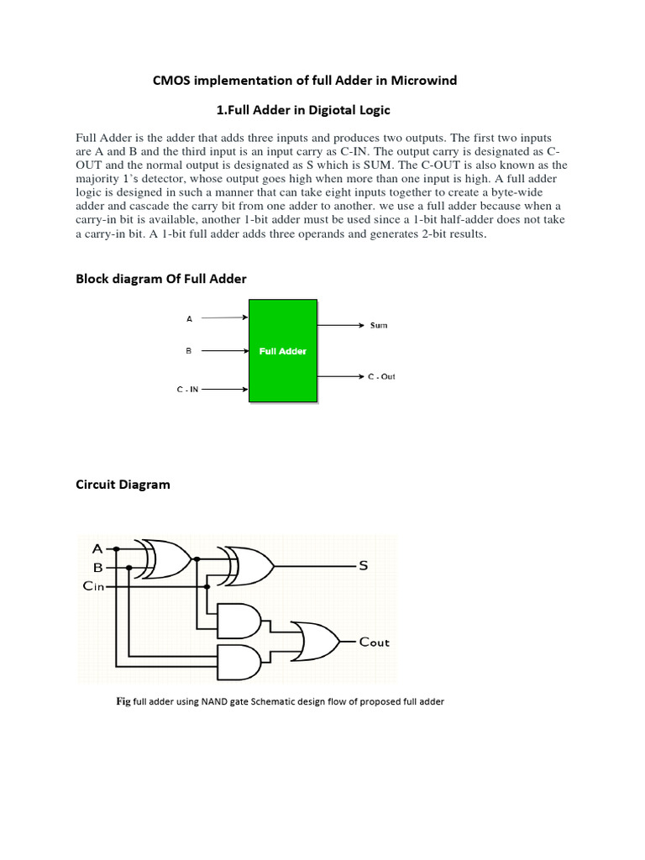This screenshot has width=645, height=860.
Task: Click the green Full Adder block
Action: (x=282, y=351)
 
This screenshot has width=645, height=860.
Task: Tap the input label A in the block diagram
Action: (x=189, y=318)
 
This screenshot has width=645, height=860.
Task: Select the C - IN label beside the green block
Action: (x=187, y=390)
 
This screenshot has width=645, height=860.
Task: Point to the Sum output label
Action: (x=379, y=324)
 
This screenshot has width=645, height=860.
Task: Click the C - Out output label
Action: (x=381, y=377)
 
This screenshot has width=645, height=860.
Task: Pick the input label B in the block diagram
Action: (x=189, y=351)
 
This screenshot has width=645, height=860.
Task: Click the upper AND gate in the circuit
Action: (x=239, y=621)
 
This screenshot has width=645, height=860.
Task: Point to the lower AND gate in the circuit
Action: (x=239, y=662)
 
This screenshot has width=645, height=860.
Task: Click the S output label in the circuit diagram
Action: (x=364, y=566)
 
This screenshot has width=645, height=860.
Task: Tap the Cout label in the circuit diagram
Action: (x=374, y=642)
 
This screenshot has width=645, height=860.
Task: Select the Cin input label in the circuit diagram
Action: (x=93, y=586)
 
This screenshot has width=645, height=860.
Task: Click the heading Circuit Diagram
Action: (x=123, y=484)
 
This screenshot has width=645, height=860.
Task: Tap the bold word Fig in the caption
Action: (x=123, y=701)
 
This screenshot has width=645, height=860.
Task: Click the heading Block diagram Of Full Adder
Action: (x=161, y=278)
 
